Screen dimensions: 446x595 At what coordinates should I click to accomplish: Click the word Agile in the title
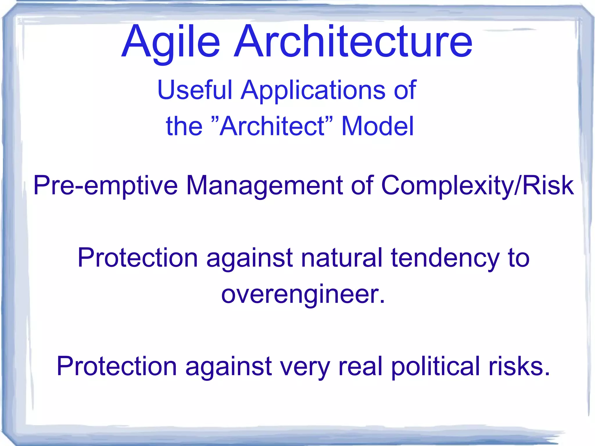click(x=171, y=42)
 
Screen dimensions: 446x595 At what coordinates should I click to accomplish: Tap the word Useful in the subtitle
click(x=195, y=90)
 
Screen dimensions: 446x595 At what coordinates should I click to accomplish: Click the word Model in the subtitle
click(x=377, y=126)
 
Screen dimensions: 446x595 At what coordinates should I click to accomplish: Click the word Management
click(x=264, y=186)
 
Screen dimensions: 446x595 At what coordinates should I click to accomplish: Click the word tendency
click(x=445, y=258)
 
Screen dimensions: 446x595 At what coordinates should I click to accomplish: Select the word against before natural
click(x=249, y=258)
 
